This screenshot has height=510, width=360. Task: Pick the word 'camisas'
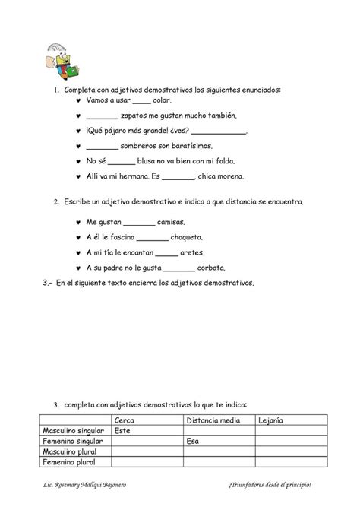click(173, 222)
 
